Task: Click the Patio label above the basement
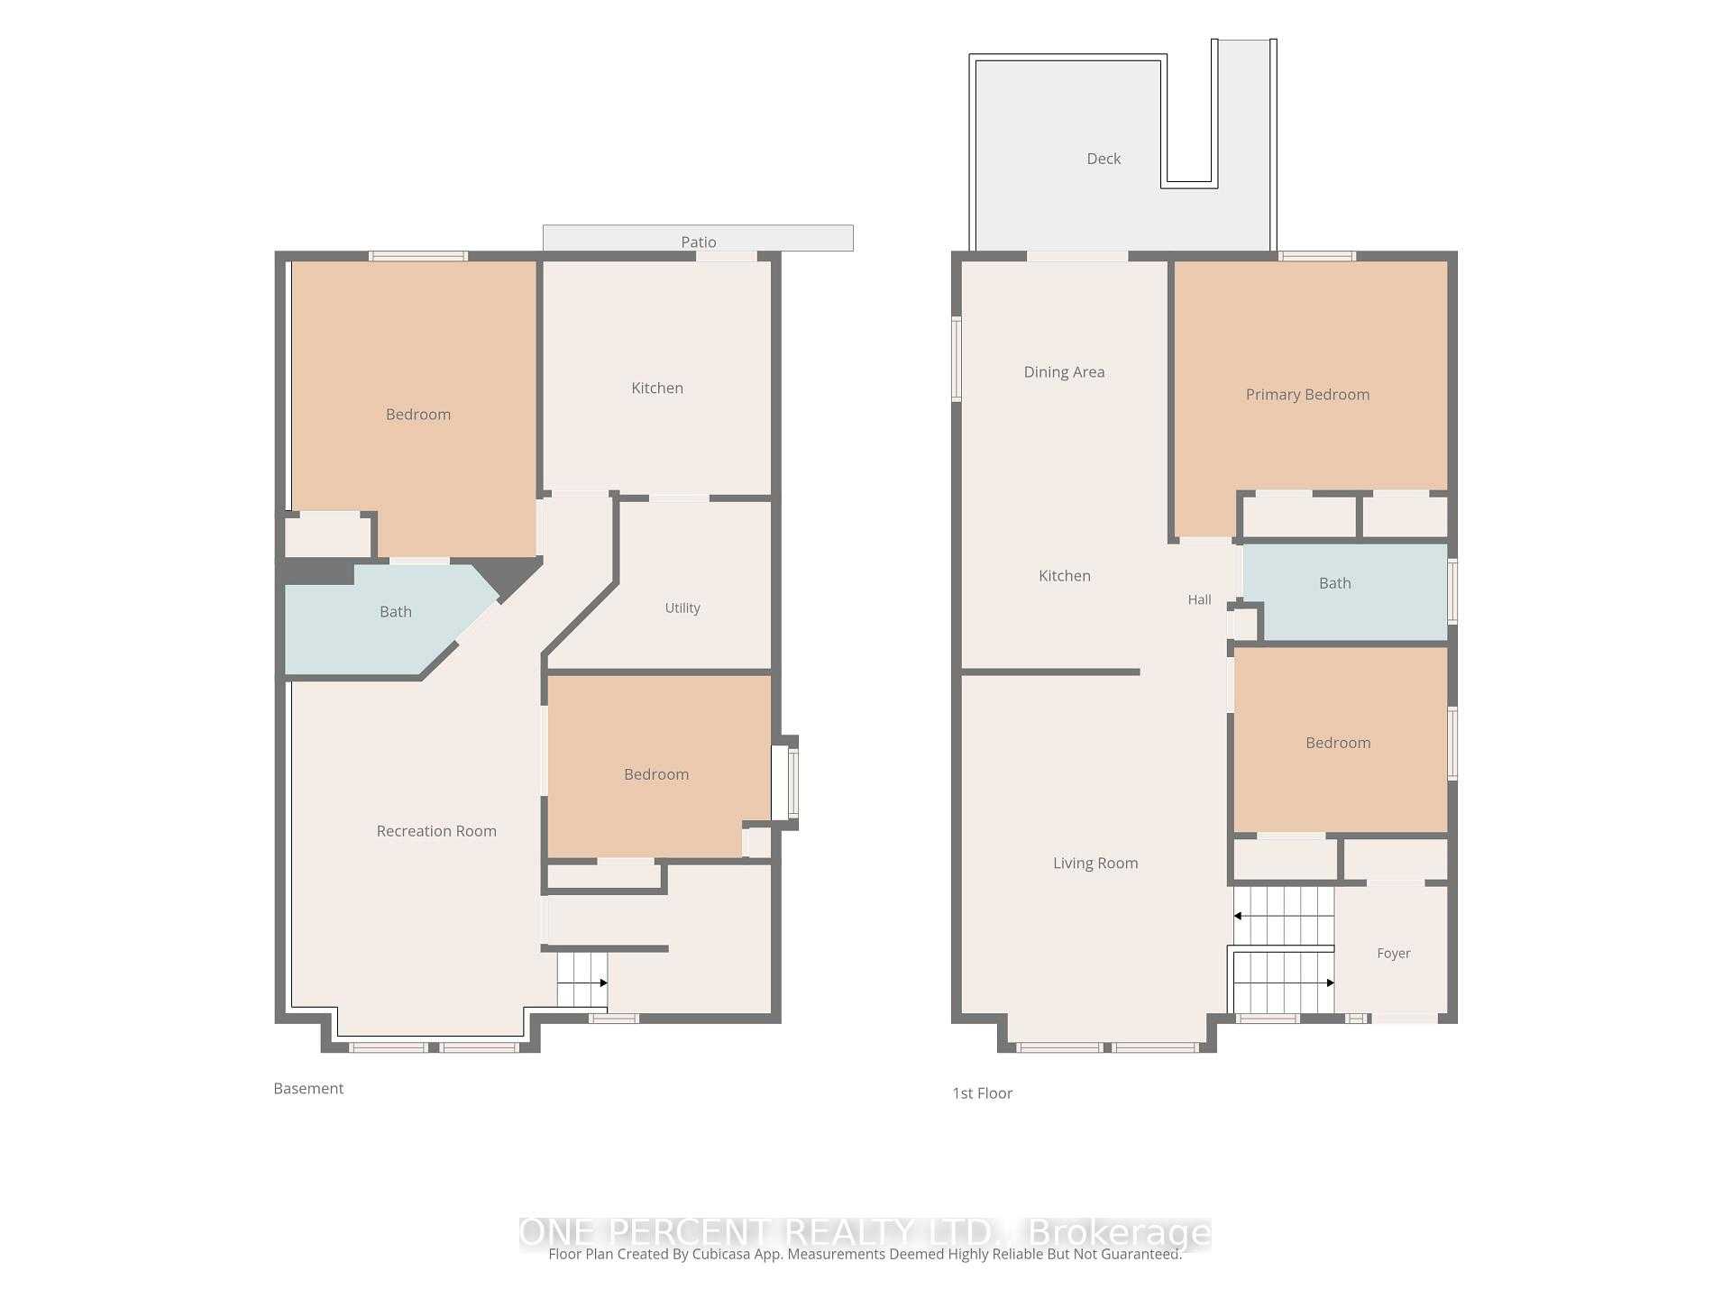[x=699, y=242]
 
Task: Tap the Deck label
[x=1104, y=159]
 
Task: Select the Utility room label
[x=682, y=608]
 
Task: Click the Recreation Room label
[x=436, y=831]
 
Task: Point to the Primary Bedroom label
[x=1307, y=395]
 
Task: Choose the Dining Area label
[x=1064, y=372]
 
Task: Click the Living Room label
[x=1095, y=864]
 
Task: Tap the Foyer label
[x=1394, y=954]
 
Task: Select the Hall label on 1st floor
[x=1199, y=600]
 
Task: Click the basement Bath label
[x=396, y=612]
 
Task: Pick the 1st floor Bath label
[x=1335, y=583]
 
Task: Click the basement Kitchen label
[x=657, y=388]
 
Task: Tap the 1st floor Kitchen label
[x=1065, y=576]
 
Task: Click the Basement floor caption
[x=308, y=1089]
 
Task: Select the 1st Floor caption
[x=983, y=1093]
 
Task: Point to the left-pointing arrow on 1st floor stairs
[x=1283, y=916]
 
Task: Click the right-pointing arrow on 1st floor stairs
[x=1284, y=983]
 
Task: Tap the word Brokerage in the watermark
[x=1120, y=1232]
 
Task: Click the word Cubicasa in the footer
[x=724, y=1254]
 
